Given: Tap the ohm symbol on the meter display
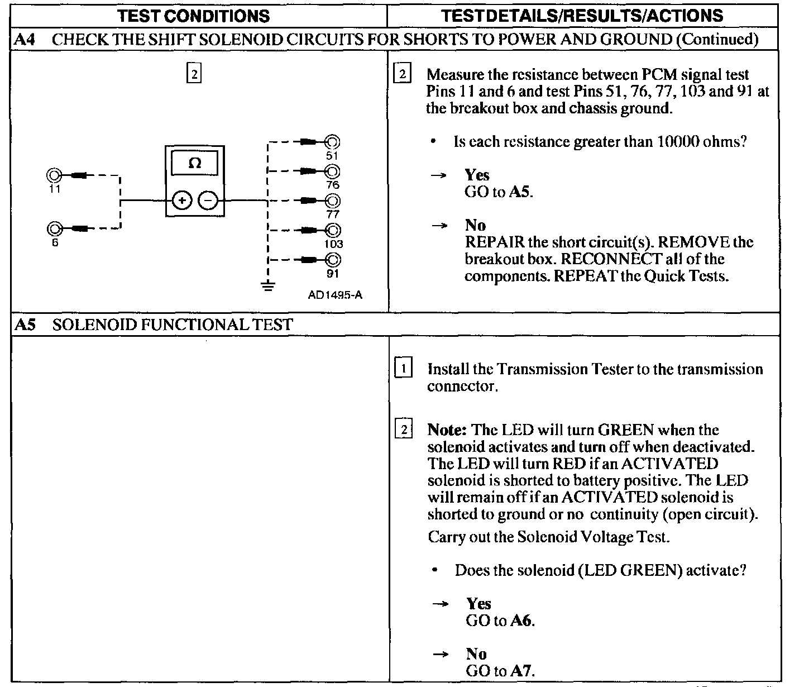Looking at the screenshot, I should click(x=195, y=163).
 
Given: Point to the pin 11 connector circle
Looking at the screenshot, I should click(x=55, y=175).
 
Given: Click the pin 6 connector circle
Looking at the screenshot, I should click(x=55, y=228).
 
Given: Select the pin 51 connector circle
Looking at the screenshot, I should click(x=333, y=142).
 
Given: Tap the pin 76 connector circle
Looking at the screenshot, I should click(x=333, y=171).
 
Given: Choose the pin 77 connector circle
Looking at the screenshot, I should click(x=333, y=201).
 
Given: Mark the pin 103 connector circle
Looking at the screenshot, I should click(x=333, y=230).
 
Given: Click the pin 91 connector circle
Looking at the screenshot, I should click(x=333, y=260).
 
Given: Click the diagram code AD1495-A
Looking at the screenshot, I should click(x=335, y=295).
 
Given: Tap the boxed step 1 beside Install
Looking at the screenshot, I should click(x=403, y=369).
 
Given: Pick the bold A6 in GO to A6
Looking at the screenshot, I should click(x=522, y=621).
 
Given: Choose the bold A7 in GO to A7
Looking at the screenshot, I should click(x=522, y=671).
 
